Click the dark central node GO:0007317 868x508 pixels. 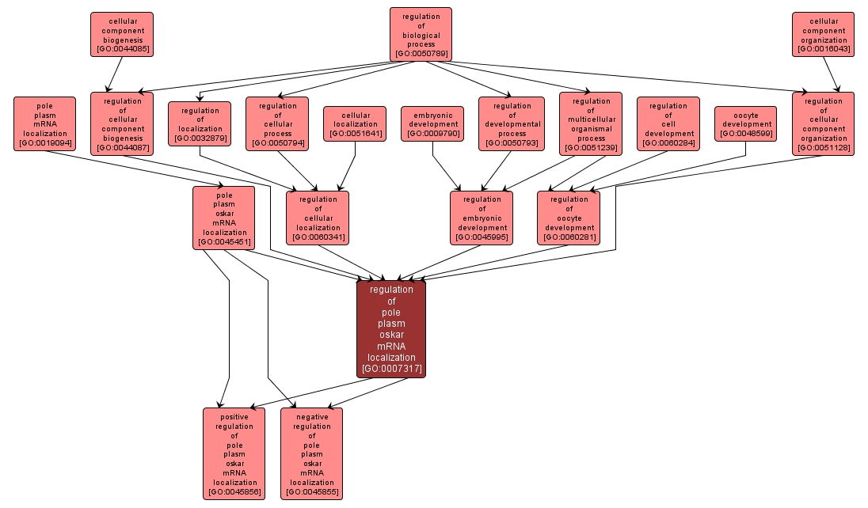click(390, 328)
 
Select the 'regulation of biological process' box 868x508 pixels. click(421, 34)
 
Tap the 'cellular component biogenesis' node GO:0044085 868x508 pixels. click(121, 34)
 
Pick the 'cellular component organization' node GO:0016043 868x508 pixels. click(823, 34)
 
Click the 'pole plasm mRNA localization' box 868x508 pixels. click(44, 123)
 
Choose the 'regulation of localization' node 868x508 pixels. click(200, 123)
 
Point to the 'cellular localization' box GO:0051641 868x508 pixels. click(355, 123)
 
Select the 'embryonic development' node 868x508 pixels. click(432, 123)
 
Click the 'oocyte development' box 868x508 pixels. click(745, 123)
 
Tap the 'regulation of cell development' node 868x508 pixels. click(668, 123)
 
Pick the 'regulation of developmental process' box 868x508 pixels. click(512, 123)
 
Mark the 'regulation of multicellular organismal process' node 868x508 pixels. click(590, 123)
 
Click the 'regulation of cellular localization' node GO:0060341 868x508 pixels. click(318, 218)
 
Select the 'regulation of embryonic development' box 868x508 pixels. click(482, 218)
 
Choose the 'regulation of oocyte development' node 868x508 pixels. click(569, 218)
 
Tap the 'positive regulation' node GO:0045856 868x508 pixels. click(234, 453)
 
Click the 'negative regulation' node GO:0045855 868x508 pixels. click(311, 453)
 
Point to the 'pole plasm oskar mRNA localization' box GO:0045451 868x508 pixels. click(223, 218)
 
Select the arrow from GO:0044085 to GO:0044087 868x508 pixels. click(114, 74)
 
